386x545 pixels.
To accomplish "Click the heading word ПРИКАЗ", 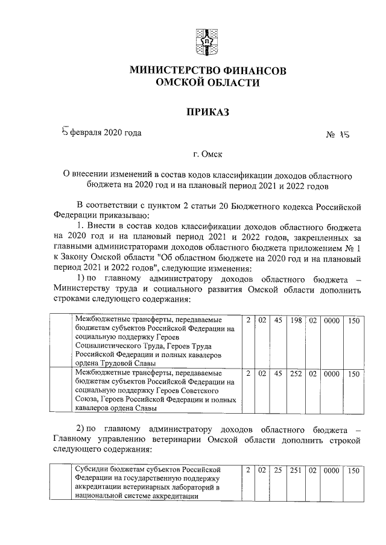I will pyautogui.click(x=207, y=111).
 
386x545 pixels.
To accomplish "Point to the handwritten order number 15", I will pyautogui.click(x=344, y=135).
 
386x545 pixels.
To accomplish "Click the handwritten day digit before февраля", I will pyautogui.click(x=66, y=131).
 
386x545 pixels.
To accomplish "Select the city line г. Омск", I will pyautogui.click(x=207, y=154).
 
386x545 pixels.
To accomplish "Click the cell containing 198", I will pyautogui.click(x=295, y=320).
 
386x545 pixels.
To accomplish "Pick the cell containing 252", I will pyautogui.click(x=295, y=374).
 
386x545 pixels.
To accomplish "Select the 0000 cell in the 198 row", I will pyautogui.click(x=332, y=320).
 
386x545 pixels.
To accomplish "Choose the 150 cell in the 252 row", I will pyautogui.click(x=353, y=374).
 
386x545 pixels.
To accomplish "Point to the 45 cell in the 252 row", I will pyautogui.click(x=277, y=374).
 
